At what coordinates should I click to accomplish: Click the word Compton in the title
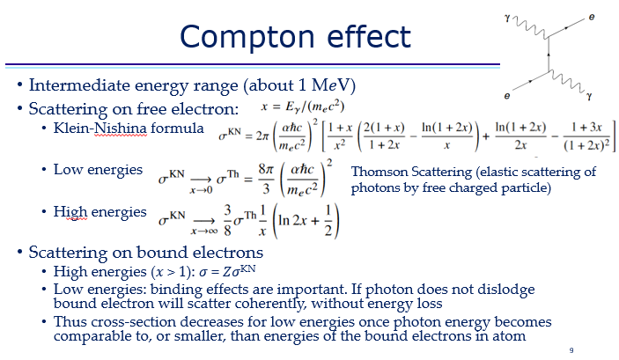click(x=239, y=36)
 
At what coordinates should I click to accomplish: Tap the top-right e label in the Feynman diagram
click(x=590, y=16)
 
